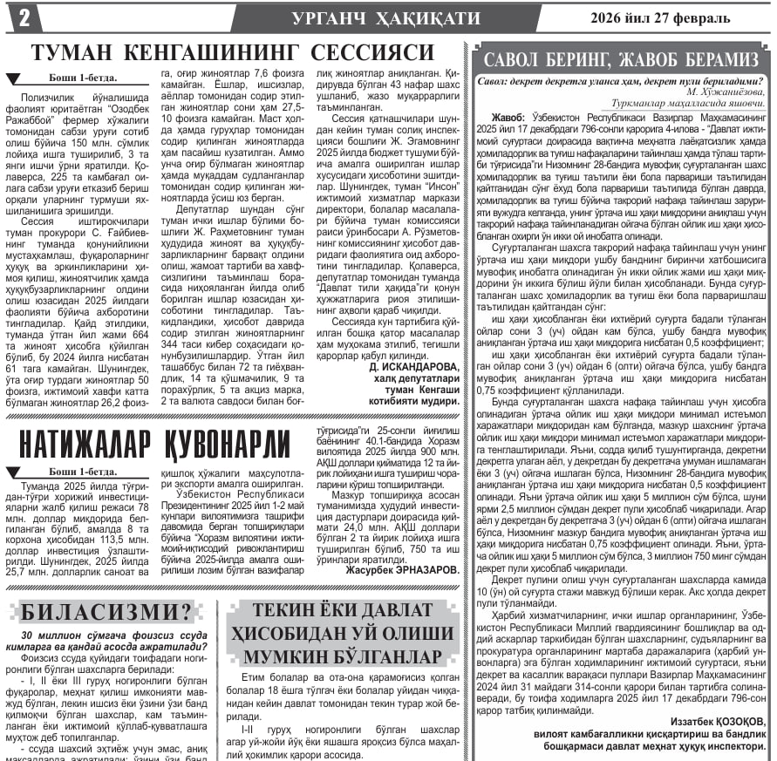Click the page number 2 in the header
point(24,17)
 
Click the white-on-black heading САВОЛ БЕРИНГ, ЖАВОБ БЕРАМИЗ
point(622,60)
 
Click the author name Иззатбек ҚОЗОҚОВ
point(718,722)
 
